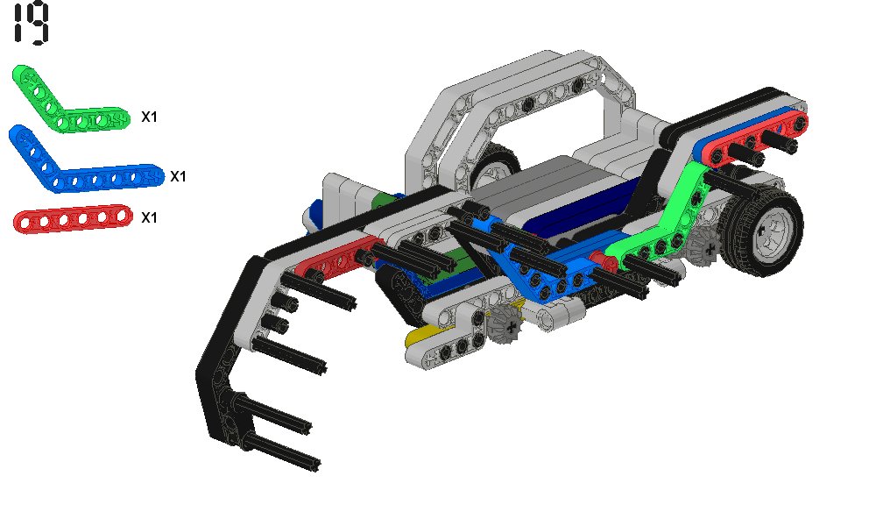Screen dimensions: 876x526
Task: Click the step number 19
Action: tap(32, 23)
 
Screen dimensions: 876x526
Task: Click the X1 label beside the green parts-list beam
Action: tap(149, 117)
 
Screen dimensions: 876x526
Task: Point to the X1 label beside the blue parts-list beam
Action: tap(178, 176)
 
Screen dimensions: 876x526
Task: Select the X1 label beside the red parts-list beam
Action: tap(149, 217)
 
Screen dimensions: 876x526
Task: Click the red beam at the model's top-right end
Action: tap(755, 137)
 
